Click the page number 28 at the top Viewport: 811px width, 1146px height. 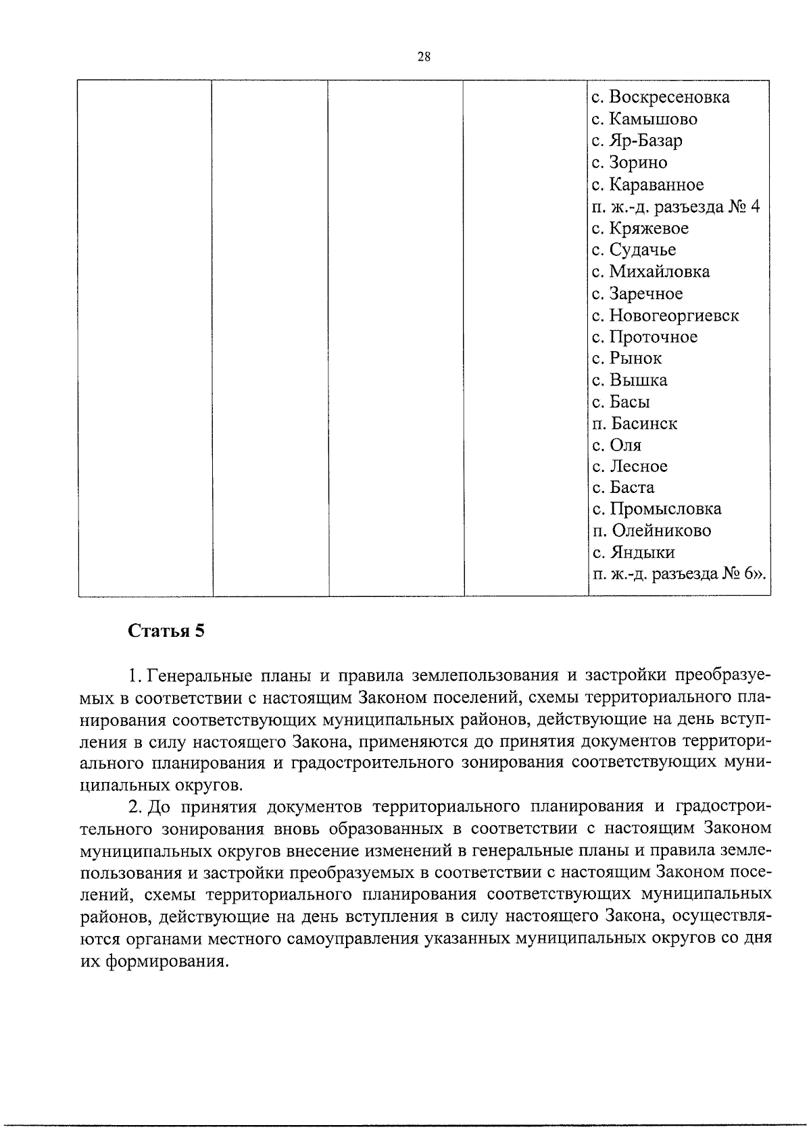(x=424, y=57)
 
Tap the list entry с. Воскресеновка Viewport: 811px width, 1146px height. (x=660, y=97)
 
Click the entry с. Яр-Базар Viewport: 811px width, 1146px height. (x=637, y=140)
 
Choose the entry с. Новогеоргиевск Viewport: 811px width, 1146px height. (x=665, y=315)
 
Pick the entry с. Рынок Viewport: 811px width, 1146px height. (x=626, y=358)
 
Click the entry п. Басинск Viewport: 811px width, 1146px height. (x=634, y=423)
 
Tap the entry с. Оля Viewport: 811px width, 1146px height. (x=616, y=445)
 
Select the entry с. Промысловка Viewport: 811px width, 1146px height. (x=656, y=509)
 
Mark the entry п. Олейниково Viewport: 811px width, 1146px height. (x=652, y=530)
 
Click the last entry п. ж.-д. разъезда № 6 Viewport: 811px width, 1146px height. (x=679, y=574)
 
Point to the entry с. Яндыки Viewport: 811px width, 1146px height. (x=633, y=552)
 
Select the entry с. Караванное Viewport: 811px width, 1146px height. (x=647, y=184)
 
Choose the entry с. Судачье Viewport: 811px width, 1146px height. (x=633, y=250)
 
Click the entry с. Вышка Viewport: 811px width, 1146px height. (x=629, y=380)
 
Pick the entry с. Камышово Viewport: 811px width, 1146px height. (x=644, y=119)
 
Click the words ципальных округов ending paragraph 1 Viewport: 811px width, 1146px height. (x=159, y=785)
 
